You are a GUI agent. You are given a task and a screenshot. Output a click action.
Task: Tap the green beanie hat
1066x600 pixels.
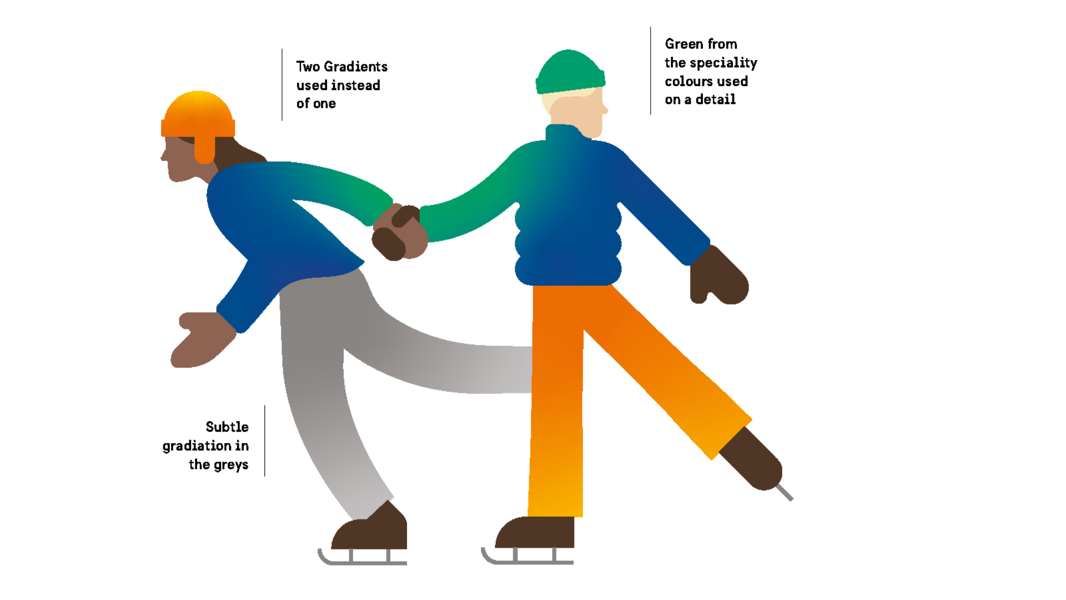[x=570, y=72]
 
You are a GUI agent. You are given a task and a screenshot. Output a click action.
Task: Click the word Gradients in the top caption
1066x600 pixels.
[x=355, y=67]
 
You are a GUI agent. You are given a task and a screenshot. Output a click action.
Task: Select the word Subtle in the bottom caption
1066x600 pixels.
[x=227, y=427]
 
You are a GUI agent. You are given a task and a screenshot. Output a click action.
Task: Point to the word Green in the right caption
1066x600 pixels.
[x=684, y=44]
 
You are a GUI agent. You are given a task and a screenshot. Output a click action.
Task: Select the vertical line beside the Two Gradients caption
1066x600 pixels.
[x=282, y=84]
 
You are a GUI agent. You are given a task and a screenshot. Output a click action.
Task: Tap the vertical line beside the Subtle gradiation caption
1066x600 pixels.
[x=265, y=441]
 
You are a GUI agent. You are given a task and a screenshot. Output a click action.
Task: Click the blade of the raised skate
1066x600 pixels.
[x=785, y=493]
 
